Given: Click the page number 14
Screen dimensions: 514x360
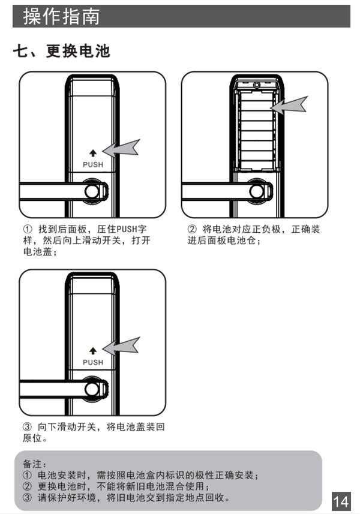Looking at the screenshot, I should [341, 501].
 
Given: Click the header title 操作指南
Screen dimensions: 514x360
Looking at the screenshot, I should [61, 16].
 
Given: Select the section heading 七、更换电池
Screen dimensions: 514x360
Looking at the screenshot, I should [62, 52].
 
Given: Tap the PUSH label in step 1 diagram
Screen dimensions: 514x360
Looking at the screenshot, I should [93, 164].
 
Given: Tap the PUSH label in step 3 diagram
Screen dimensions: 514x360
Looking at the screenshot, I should [93, 362].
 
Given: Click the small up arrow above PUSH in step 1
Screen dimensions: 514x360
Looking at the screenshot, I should [93, 154].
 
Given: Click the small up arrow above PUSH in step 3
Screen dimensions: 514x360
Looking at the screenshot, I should [93, 351].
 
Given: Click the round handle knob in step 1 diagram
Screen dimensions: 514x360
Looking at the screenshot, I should [92, 192].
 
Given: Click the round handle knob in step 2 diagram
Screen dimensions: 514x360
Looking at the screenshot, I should [256, 192].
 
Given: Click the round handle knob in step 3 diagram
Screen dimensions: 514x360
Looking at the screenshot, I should [92, 389].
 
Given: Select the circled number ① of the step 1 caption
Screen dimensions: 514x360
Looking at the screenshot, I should [27, 230].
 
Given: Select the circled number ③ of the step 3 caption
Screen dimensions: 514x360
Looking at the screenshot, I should [27, 427].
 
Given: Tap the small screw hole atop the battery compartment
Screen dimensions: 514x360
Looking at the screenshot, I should [256, 86].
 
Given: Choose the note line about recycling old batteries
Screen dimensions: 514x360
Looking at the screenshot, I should [126, 498].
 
